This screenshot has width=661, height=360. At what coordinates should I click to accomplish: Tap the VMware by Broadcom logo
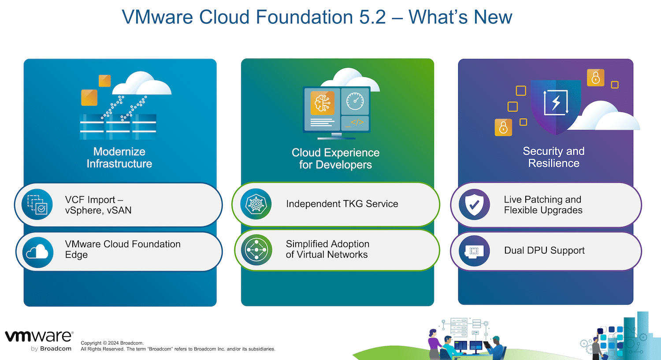point(39,341)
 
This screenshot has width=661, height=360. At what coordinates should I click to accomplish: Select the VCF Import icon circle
point(37,204)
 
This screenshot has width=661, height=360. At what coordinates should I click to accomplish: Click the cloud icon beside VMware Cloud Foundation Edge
point(37,252)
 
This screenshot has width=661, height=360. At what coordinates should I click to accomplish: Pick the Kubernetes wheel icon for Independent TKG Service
point(256,204)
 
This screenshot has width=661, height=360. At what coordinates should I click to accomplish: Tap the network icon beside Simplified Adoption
point(256,250)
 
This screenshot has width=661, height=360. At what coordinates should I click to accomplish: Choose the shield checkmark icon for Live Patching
point(474,204)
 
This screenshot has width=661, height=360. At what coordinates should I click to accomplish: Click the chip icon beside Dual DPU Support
point(474,251)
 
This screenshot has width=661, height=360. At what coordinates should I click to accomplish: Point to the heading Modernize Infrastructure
point(119,158)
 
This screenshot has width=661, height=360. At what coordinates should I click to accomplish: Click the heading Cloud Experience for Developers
point(335,159)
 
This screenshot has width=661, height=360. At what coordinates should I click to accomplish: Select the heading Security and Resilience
point(553,157)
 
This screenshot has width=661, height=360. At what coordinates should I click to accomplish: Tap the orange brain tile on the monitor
point(323,103)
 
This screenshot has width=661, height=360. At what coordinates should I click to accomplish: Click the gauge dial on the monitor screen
point(355,101)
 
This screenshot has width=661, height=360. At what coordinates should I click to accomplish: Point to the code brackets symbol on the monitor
point(357,122)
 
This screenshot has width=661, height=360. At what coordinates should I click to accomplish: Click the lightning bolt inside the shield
point(556,102)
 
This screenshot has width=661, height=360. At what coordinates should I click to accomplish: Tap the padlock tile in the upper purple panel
point(595,78)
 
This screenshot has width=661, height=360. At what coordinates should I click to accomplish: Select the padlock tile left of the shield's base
point(503,127)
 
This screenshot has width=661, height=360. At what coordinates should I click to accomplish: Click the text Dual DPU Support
point(544,251)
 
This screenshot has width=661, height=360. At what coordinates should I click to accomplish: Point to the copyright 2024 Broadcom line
point(112,343)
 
